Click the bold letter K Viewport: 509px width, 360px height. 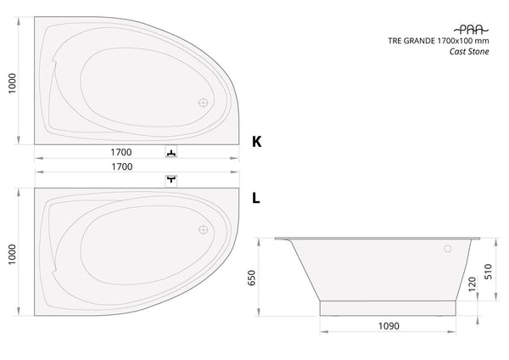256,142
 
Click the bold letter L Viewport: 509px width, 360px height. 256,198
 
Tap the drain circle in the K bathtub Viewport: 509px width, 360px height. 204,103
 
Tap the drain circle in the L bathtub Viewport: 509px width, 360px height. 204,230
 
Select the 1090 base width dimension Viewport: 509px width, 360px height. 389,326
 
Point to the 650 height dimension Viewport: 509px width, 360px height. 252,278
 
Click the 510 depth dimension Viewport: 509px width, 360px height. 488,272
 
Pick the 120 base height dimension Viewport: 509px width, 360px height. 473,284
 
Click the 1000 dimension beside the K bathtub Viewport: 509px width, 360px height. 12,83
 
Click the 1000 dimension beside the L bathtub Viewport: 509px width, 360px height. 12,255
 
